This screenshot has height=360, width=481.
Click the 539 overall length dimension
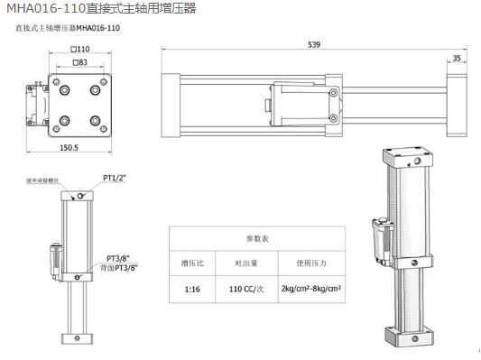tap(313, 44)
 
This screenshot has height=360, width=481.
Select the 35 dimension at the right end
tap(457, 59)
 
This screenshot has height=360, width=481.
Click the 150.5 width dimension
tap(69, 147)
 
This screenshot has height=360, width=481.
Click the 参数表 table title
tap(257, 237)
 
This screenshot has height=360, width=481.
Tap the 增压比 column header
tap(192, 263)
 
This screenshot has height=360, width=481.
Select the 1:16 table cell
tap(192, 290)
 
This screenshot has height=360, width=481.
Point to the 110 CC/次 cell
tap(245, 290)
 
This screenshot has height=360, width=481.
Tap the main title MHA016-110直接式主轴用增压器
tap(100, 9)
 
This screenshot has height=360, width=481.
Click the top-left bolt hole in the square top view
tap(66, 90)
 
